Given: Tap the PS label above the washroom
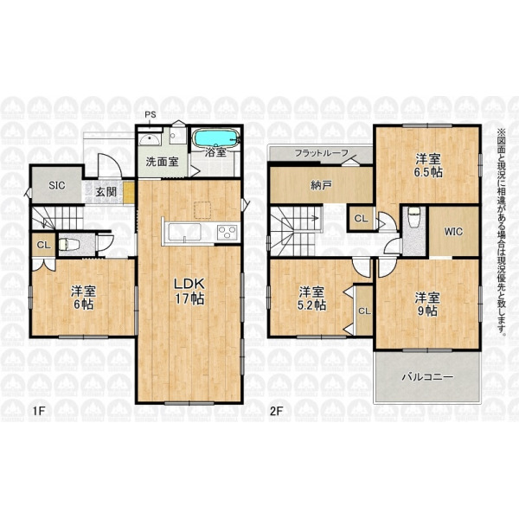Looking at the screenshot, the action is (x=151, y=115).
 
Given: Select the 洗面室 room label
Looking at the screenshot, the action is (x=163, y=162).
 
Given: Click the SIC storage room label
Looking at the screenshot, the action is (x=57, y=185).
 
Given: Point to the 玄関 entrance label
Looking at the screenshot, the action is (x=106, y=191).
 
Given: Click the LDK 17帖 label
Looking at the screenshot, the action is (x=189, y=292).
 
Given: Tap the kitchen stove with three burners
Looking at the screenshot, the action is (x=227, y=231).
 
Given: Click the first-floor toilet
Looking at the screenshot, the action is (x=69, y=245).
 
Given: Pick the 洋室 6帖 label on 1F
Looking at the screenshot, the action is (x=83, y=298).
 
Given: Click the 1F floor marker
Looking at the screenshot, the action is (x=38, y=411).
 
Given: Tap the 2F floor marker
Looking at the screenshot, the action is (x=277, y=411).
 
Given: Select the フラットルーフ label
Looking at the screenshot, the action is (x=322, y=153).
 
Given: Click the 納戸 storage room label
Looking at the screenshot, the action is (x=321, y=185).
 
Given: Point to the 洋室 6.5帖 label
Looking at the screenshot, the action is (x=429, y=165).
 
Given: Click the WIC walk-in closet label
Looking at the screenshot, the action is (x=453, y=231).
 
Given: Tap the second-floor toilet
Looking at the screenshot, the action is (x=413, y=217).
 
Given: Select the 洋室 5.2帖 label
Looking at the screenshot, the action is (x=311, y=298).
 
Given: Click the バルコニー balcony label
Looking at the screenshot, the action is (x=427, y=377).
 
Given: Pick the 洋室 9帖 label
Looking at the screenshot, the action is (x=427, y=304).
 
